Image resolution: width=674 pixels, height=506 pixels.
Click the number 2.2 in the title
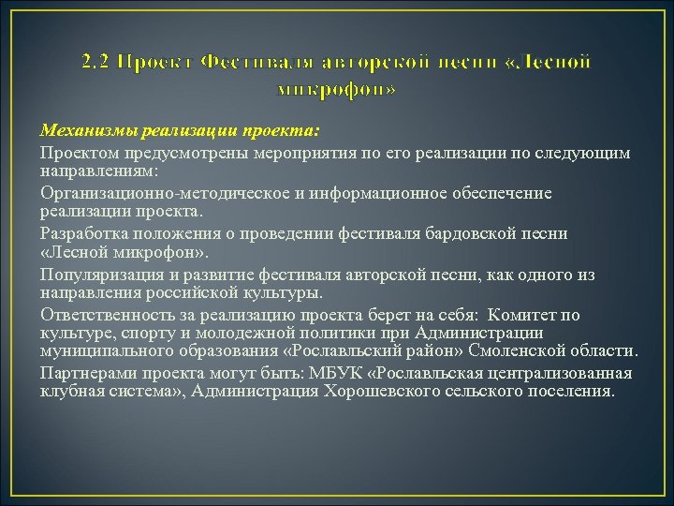coord(94,63)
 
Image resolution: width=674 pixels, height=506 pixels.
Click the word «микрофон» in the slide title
coord(337,90)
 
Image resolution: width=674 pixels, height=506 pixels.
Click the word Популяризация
coord(98,275)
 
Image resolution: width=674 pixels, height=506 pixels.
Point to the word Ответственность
coord(105,315)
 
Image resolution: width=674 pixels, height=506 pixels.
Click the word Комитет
coord(526,315)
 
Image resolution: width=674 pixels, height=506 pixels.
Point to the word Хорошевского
coord(375,391)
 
